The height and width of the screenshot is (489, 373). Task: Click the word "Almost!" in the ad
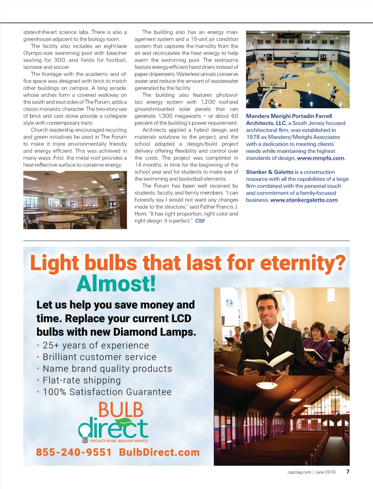116,283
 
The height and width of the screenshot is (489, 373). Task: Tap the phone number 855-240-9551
74,452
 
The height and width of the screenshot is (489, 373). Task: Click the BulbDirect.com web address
159,452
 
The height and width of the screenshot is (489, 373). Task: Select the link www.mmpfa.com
320,158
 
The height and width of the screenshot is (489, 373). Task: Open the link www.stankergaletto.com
304,200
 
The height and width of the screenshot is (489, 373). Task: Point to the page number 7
348,472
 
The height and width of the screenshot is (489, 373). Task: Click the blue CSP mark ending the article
200,221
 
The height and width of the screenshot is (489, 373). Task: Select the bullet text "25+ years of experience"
96,345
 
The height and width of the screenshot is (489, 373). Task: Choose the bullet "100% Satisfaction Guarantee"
107,392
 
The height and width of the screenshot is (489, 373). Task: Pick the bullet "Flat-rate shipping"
82,380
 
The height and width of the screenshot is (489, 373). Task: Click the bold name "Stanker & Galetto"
270,172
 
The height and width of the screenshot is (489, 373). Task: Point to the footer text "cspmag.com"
299,472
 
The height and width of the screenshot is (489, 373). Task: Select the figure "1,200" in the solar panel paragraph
208,102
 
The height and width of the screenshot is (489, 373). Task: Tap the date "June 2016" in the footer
325,472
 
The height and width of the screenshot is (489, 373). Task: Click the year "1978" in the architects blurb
253,137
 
